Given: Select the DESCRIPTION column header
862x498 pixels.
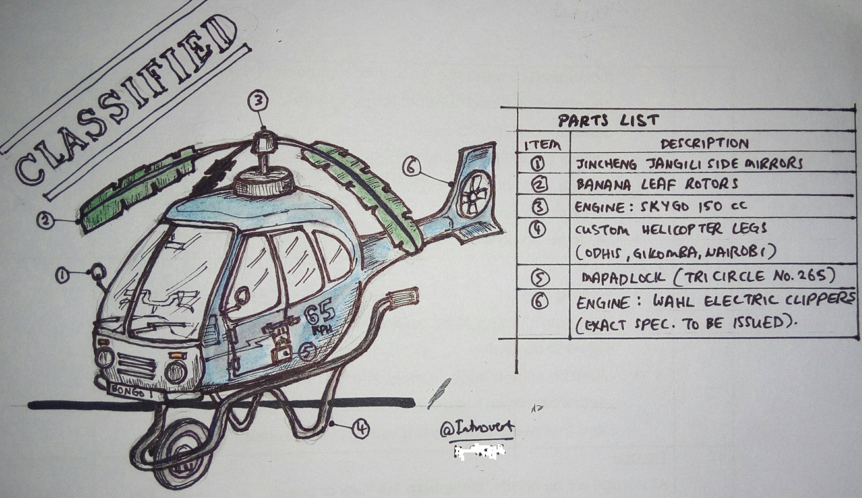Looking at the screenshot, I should (x=705, y=144).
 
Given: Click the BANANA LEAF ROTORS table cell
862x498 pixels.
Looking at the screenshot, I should (x=657, y=184).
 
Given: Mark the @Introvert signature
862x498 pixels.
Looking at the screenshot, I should (x=477, y=429).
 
